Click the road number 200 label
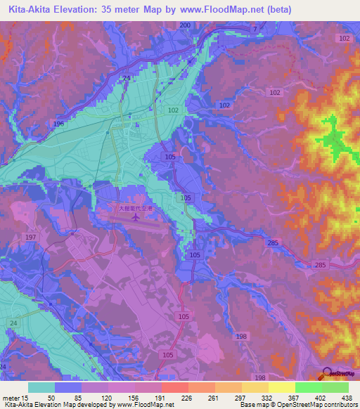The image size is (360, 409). [x=185, y=25]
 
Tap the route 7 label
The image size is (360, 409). [x=256, y=29]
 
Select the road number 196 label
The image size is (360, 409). [x=58, y=124]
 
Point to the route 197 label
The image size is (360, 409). [x=30, y=238]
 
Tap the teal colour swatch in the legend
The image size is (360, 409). [x=41, y=387]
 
